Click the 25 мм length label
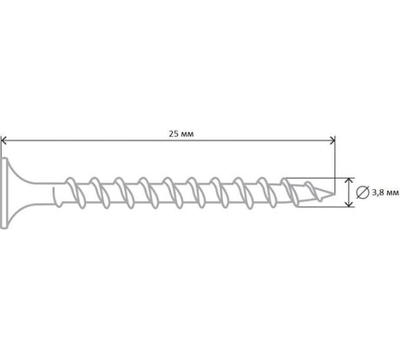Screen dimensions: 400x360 [x=181, y=134]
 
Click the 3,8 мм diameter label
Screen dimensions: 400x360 [x=385, y=193]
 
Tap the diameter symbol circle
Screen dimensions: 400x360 [x=363, y=193]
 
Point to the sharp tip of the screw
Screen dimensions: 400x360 [x=335, y=193]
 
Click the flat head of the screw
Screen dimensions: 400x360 [x=3, y=193]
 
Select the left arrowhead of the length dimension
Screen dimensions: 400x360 [x=3, y=141]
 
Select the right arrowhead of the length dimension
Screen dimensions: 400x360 [x=332, y=141]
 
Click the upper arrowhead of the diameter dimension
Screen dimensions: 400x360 [x=350, y=180]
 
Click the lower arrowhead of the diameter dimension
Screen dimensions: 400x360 [x=350, y=204]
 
